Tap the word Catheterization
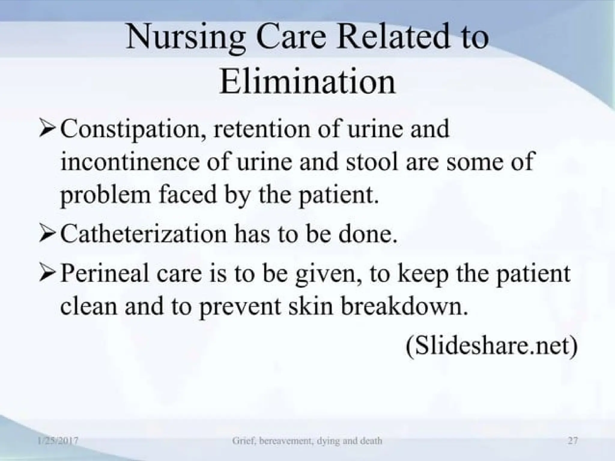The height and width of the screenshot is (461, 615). point(143,234)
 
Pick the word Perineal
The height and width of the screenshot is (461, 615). point(105,274)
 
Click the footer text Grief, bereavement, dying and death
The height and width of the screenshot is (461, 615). point(307,441)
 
